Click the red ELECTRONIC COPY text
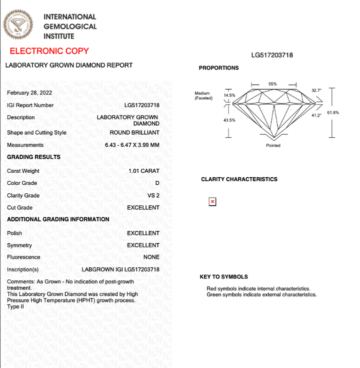[49, 51]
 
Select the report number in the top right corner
[272, 55]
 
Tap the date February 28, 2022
[29, 93]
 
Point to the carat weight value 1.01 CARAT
[144, 171]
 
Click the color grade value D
[157, 183]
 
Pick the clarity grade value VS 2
[154, 196]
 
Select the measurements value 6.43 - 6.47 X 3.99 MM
[132, 145]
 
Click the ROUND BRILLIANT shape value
[134, 133]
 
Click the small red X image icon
[212, 201]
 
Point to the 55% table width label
[272, 84]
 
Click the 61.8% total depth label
[333, 113]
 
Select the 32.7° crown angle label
[316, 91]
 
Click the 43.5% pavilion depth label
[229, 120]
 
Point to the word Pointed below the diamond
[273, 146]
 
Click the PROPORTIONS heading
[219, 68]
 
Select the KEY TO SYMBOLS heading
[224, 277]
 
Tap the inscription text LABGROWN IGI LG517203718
[120, 270]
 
